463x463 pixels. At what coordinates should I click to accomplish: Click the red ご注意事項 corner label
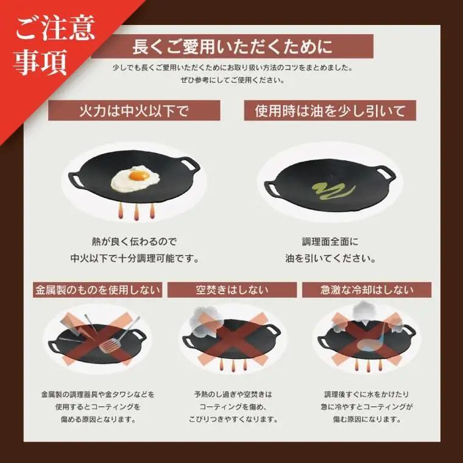tap(55, 44)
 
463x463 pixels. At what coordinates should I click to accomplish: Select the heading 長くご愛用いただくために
tap(232, 46)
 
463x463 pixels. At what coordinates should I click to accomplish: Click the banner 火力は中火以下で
tap(134, 110)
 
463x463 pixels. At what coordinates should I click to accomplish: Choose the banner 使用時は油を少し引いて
tap(330, 110)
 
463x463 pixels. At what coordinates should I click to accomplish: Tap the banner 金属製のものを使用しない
tap(97, 289)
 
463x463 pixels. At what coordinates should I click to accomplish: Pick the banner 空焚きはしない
tap(232, 289)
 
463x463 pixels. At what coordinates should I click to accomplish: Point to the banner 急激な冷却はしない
tap(367, 289)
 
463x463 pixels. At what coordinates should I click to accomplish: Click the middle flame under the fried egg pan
tap(136, 212)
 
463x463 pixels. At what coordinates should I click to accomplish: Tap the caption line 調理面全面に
tap(330, 242)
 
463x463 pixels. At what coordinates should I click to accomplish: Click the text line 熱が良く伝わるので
tap(134, 242)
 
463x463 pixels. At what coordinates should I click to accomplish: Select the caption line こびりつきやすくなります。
tap(233, 419)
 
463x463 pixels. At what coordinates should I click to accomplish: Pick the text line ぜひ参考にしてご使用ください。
tap(232, 80)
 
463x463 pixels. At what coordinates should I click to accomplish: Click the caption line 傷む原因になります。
tap(367, 419)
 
